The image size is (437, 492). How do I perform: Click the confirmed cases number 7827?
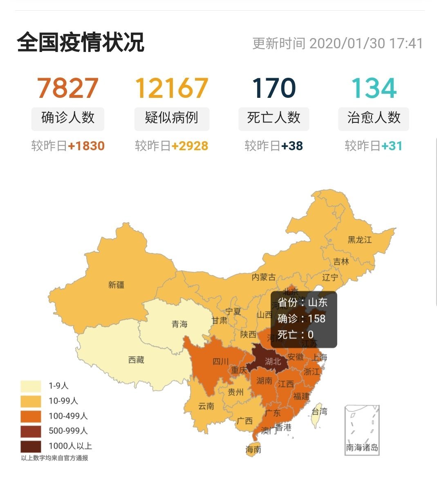(68, 88)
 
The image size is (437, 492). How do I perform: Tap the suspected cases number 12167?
(172, 88)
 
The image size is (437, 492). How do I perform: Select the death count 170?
(273, 88)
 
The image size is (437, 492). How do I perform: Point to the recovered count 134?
(374, 88)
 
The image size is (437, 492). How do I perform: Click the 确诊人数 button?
(68, 118)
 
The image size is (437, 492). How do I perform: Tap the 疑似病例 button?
(172, 118)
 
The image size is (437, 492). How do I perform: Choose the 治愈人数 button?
(374, 118)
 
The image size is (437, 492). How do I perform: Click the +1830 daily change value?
(86, 146)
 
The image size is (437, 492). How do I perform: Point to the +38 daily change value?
(292, 146)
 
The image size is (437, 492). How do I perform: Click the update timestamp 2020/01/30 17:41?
(366, 43)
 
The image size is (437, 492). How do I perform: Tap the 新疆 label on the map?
(116, 285)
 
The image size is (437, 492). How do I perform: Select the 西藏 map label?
(136, 360)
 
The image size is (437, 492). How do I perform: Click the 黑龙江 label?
(360, 239)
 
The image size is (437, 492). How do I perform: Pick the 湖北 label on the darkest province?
(273, 361)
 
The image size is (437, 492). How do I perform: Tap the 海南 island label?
(253, 449)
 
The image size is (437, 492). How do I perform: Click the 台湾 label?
(319, 411)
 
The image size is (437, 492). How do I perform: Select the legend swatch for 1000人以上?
(31, 446)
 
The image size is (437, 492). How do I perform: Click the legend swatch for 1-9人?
(31, 386)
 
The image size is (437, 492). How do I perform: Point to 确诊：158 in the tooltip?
(301, 319)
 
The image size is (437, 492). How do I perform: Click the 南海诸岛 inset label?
(362, 447)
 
